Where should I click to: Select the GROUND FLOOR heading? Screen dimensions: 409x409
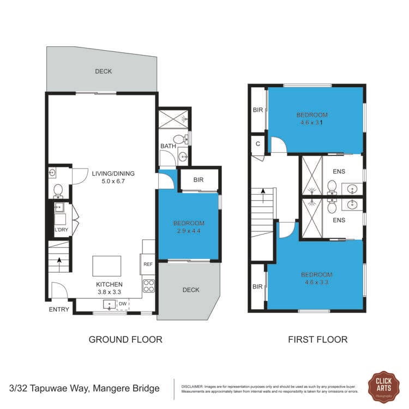[x=125, y=339]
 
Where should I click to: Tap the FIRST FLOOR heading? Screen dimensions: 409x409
[x=317, y=339]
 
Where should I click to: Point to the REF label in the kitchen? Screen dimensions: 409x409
[x=147, y=264]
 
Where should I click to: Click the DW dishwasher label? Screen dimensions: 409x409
[x=123, y=304]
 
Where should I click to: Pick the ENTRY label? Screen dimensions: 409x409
[x=59, y=309]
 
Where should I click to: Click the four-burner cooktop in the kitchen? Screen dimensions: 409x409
[x=148, y=285]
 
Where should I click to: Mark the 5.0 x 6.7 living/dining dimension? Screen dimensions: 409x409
[x=113, y=182]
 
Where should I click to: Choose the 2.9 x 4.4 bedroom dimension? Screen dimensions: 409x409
[x=189, y=231]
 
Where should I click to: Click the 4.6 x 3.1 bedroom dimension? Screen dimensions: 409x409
[x=312, y=123]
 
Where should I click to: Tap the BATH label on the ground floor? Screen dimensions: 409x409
[x=167, y=146]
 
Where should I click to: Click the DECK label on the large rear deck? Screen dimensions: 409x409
[x=103, y=71]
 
